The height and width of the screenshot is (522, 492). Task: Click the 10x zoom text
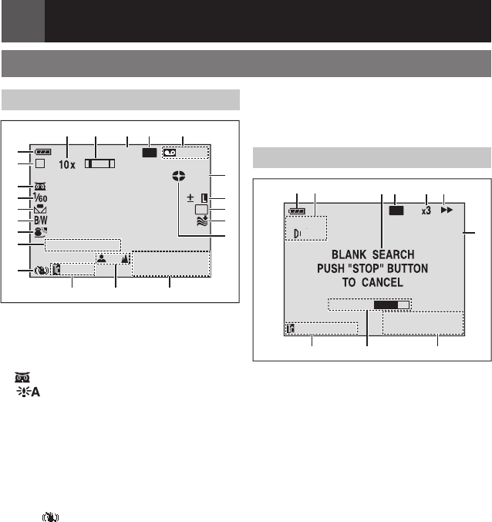coord(67,164)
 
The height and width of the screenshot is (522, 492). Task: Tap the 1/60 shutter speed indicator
coord(40,197)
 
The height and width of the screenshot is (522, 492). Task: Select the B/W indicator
coord(41,221)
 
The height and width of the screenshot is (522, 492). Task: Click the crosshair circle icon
coord(179,176)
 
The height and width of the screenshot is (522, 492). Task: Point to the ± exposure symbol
coord(190,198)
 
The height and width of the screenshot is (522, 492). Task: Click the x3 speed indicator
coord(426,210)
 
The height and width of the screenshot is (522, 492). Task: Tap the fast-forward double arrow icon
coord(447,210)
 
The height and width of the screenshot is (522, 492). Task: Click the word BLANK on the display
coord(349,254)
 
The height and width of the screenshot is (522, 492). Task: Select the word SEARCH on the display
coord(393,254)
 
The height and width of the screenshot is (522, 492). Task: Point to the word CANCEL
coord(382,282)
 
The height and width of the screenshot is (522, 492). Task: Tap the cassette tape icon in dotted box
coord(170,153)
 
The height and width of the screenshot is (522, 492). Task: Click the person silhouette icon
coord(102,258)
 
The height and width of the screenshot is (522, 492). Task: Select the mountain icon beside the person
coord(125,258)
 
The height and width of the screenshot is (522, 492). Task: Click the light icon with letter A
coord(29,392)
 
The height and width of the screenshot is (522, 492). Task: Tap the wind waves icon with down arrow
coord(202,221)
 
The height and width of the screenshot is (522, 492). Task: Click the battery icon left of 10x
coord(42,152)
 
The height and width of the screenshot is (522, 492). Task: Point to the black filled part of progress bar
coord(386,305)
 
